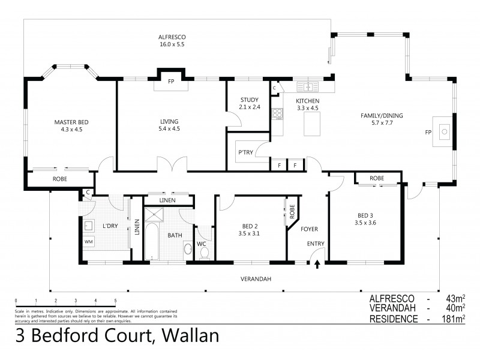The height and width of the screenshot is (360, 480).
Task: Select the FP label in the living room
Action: click(x=170, y=81)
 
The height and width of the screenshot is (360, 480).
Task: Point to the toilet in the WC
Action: click(x=204, y=253)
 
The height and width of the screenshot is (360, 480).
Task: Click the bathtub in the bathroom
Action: click(x=151, y=241)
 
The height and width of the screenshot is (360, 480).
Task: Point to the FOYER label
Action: click(x=309, y=229)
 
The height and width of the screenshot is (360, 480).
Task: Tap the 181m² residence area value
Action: click(x=454, y=319)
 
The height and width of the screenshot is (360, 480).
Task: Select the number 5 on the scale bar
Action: click(x=115, y=301)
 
